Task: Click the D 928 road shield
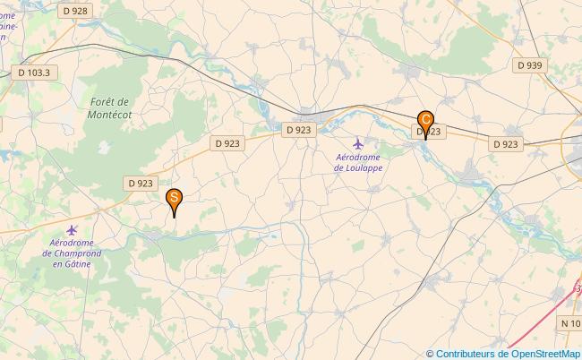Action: [76, 11]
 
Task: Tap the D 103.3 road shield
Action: [33, 71]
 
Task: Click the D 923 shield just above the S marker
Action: [140, 183]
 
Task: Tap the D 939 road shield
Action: [529, 65]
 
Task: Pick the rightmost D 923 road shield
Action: [505, 143]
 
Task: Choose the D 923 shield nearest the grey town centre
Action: [299, 130]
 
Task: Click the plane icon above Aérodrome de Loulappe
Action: [359, 143]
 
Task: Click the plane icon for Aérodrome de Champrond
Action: [73, 230]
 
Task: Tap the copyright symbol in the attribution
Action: [431, 354]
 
